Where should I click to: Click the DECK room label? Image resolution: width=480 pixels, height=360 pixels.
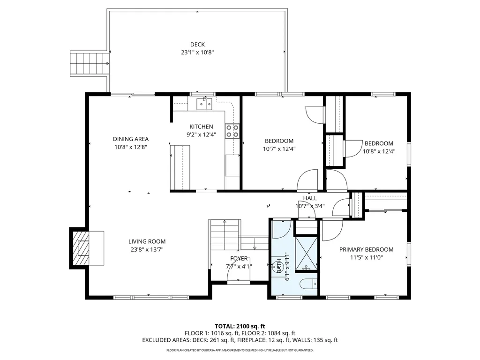click(197, 45)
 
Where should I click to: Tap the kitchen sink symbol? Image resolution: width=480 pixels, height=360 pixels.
click(204, 104)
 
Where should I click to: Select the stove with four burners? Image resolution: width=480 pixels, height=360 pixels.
click(232, 131)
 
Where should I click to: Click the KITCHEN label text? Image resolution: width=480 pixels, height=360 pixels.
click(201, 127)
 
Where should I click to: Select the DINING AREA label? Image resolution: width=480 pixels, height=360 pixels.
click(131, 139)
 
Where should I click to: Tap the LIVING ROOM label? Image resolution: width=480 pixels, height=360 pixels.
click(147, 241)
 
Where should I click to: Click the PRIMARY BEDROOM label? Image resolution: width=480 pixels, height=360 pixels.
click(367, 249)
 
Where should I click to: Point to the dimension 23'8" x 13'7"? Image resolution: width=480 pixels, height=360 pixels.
click(147, 249)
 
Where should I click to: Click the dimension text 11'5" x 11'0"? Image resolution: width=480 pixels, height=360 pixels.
click(367, 257)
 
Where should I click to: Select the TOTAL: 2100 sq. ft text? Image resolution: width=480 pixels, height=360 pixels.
click(240, 326)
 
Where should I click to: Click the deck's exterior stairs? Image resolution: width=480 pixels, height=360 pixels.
click(90, 63)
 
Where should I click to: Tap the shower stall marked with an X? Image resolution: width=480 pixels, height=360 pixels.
click(306, 254)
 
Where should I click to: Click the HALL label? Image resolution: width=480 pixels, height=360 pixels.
click(310, 198)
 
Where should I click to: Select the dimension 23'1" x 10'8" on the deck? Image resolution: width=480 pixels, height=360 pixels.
click(197, 52)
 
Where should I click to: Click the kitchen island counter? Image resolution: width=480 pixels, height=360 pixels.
click(180, 167)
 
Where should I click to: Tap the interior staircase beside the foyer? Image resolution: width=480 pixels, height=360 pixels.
click(225, 234)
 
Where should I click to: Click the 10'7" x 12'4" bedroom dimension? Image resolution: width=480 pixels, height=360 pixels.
click(279, 149)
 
